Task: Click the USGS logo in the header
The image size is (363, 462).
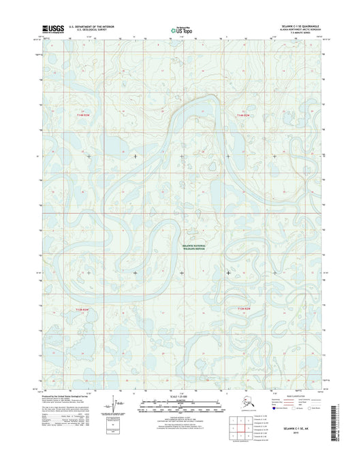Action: point(52,29)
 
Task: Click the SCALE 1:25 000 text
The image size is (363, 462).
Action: point(180,396)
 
